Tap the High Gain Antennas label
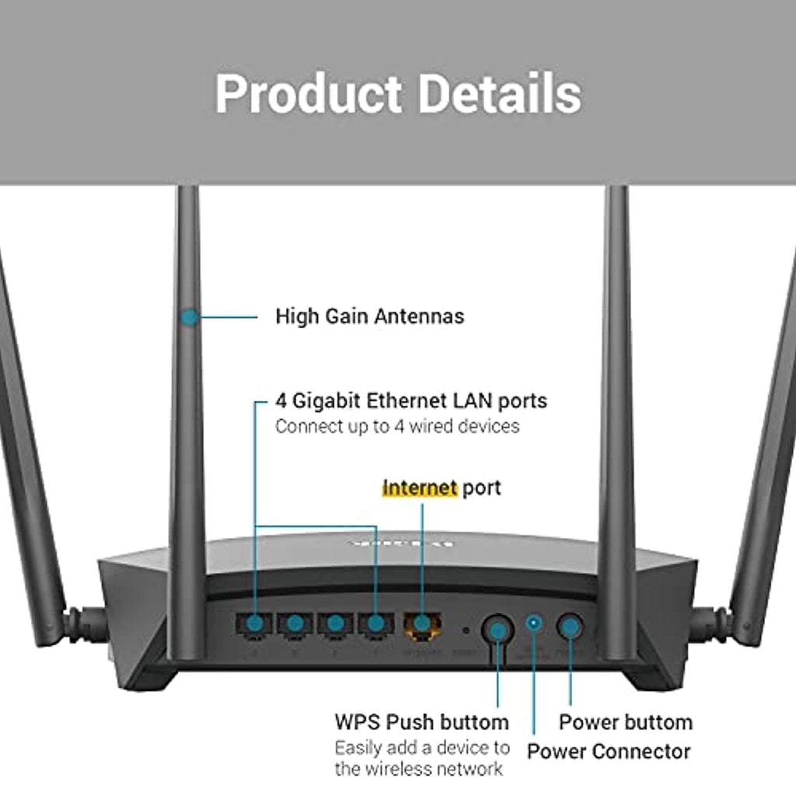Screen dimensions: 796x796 369,316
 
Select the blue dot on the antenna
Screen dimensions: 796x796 189,316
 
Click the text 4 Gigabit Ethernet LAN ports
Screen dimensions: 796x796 411,401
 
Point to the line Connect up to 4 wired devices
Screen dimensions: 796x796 397,426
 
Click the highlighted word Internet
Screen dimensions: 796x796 419,488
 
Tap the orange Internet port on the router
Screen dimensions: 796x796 422,623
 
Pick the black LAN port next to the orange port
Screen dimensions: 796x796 375,623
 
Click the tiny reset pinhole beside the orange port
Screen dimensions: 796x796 465,630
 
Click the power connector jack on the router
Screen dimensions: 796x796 533,622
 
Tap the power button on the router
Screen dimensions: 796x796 571,626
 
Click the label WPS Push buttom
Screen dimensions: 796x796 421,722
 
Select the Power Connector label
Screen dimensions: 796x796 609,752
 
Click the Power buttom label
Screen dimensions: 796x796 625,722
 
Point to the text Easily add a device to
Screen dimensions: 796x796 422,748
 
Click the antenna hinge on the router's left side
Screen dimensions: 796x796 86,624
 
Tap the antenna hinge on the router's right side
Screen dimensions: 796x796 710,624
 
